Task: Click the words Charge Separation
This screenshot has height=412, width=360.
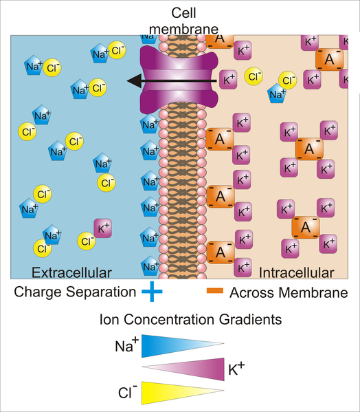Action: pos(74,292)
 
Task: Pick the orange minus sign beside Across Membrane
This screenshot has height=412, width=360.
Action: pos(216,292)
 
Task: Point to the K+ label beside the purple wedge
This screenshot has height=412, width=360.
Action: pos(236,371)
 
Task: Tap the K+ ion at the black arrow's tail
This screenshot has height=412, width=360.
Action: pos(229,80)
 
